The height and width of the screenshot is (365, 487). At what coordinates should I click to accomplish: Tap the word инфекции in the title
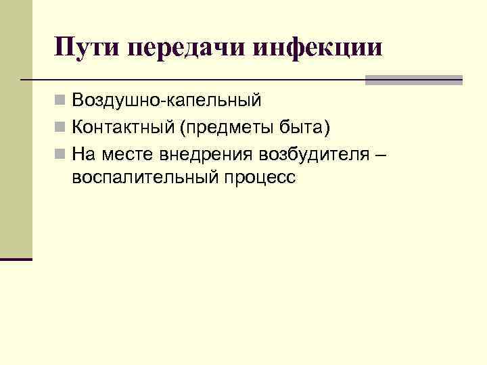(317, 48)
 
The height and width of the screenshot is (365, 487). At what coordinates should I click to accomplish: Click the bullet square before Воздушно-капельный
(61, 101)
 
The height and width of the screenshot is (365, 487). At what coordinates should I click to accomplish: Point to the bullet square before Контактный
(61, 127)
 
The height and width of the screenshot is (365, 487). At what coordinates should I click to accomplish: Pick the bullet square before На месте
(61, 153)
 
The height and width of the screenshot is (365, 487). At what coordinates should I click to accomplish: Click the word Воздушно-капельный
(166, 101)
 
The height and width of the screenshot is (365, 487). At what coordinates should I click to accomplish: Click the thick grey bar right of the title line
(413, 80)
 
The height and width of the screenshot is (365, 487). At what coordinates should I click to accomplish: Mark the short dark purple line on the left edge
(16, 259)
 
